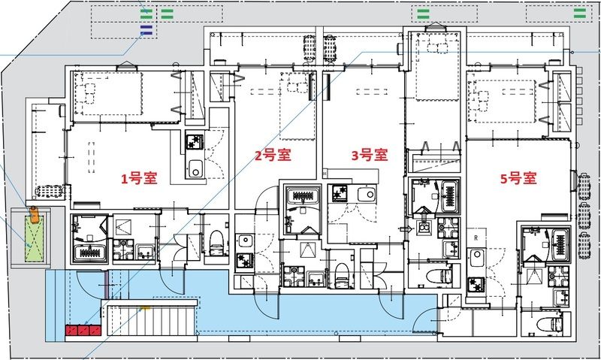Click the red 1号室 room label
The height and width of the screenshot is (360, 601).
pos(140,179)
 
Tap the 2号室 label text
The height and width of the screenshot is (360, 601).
pos(272,156)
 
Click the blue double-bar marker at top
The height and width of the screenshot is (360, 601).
pos(146,29)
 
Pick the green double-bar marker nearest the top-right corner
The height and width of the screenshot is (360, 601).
pos(580,13)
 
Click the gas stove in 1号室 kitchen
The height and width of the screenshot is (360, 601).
pos(194,140)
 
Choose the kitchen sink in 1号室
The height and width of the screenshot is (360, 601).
pos(195,169)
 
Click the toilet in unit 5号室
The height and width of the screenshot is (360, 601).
pos(553,324)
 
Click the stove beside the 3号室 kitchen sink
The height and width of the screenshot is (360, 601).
pos(340,194)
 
